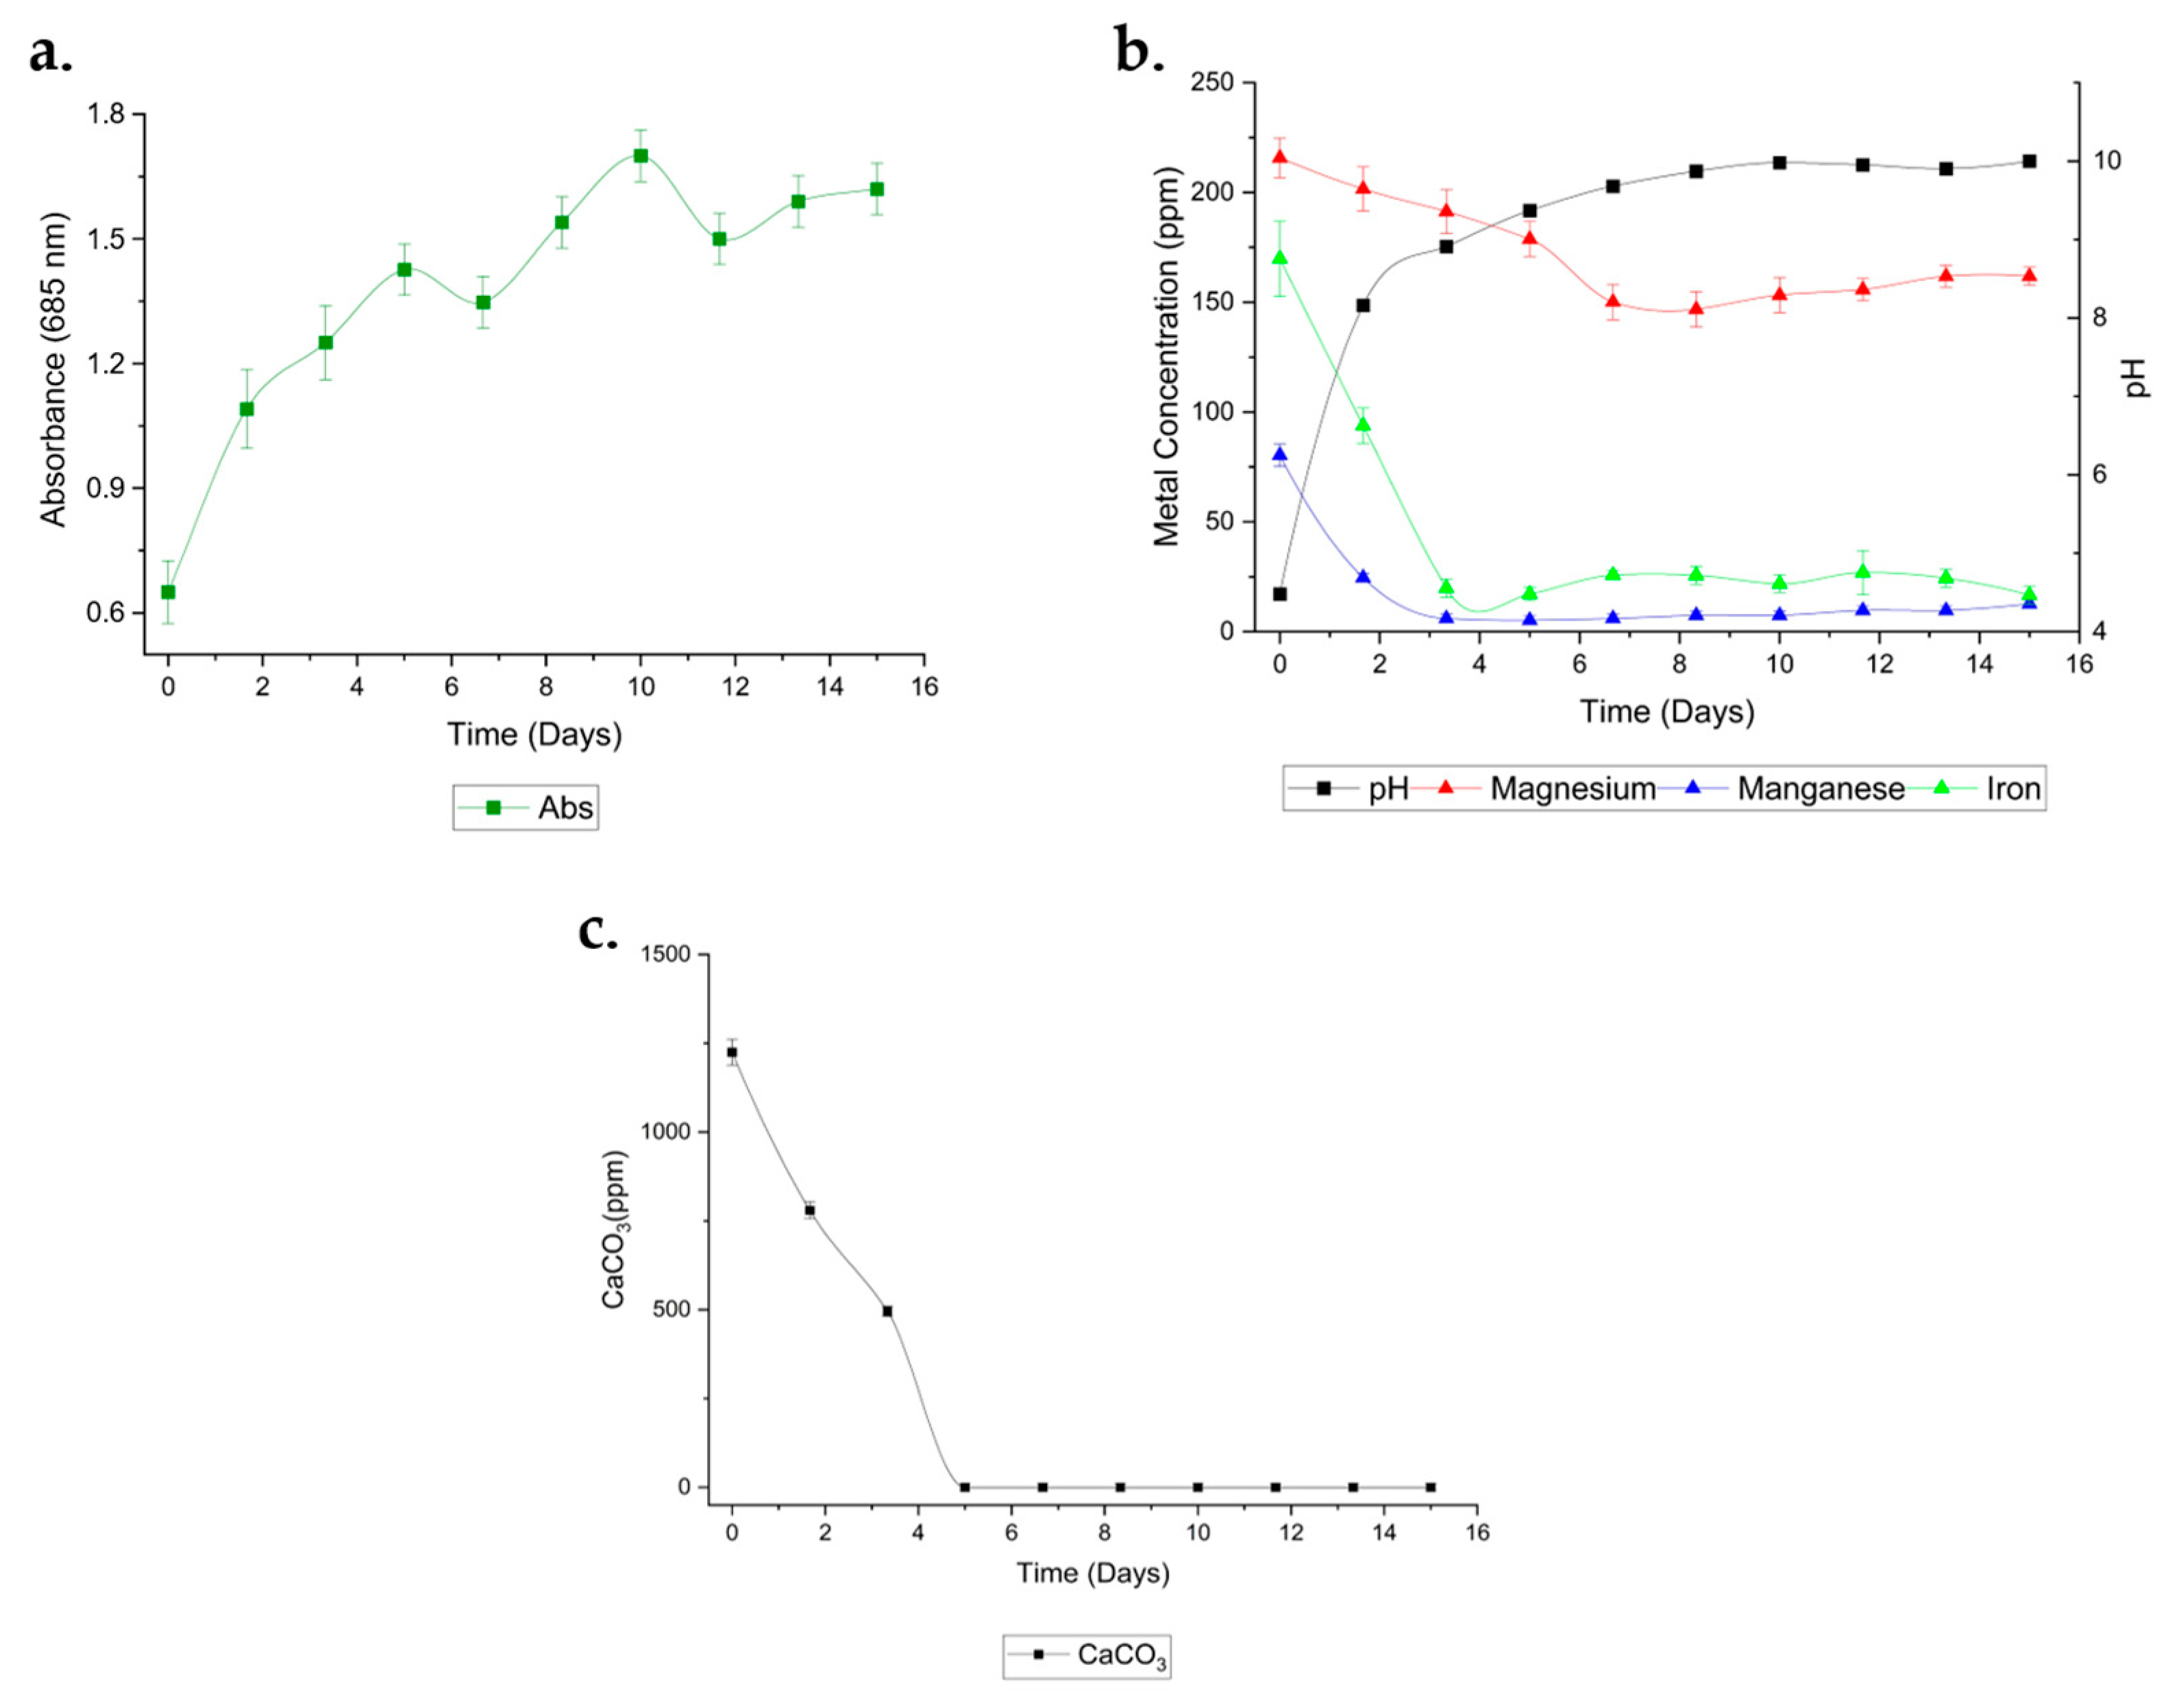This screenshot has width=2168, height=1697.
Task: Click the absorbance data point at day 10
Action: [x=641, y=156]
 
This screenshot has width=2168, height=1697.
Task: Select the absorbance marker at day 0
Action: [x=168, y=592]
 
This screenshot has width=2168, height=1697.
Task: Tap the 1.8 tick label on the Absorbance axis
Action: [x=108, y=114]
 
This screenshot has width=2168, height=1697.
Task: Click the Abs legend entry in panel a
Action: [x=527, y=808]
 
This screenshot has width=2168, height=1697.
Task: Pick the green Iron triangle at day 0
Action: [x=1280, y=258]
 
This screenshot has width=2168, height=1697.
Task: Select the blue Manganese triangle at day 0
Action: [x=1280, y=454]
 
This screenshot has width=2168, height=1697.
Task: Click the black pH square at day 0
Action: [x=1280, y=594]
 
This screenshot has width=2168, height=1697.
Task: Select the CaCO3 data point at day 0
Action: [x=732, y=1052]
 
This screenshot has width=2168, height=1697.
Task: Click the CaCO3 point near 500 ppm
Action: [x=887, y=1311]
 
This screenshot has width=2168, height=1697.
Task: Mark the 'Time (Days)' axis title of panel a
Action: [x=534, y=734]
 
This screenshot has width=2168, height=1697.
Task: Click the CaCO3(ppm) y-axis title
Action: [x=616, y=1229]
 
